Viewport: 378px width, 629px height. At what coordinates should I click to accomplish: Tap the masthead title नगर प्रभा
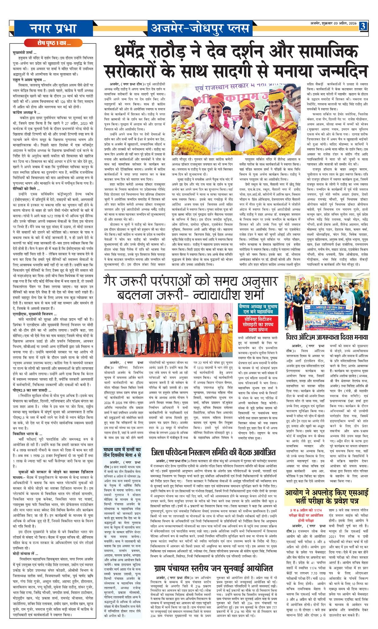53,28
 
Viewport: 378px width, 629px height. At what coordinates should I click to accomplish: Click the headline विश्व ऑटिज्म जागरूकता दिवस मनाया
327,337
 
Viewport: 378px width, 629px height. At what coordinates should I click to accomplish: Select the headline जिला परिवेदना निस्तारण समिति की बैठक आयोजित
213,452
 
